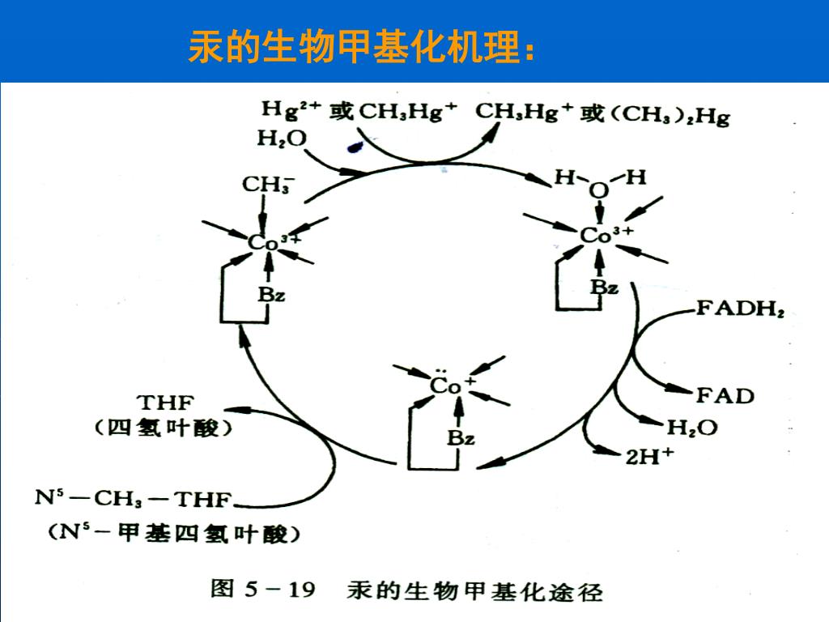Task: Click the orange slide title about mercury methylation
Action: pos(361,48)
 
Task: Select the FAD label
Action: pos(725,395)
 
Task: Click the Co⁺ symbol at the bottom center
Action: pos(452,386)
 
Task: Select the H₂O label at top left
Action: pos(282,139)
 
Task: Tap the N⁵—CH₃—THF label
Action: pos(133,499)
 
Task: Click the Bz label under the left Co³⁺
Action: pos(271,295)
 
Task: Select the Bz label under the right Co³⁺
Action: pos(603,287)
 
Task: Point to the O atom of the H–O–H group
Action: pos(598,191)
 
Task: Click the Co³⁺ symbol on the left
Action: pos(274,242)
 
